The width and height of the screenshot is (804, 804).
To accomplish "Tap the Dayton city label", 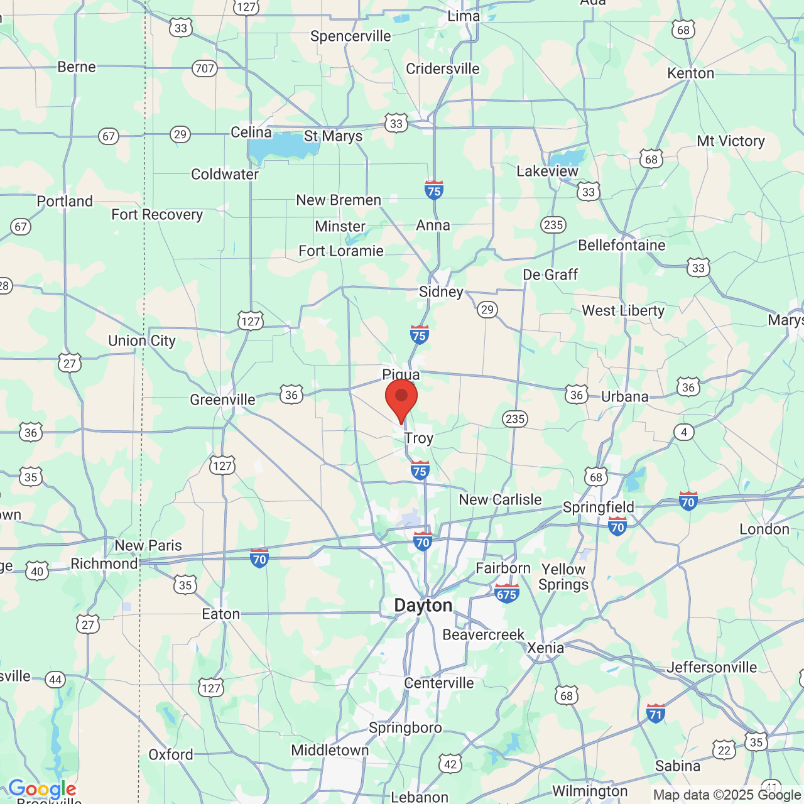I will [423, 606].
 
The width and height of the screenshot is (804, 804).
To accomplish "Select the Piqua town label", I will [401, 375].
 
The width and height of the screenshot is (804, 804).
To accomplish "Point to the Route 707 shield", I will [205, 68].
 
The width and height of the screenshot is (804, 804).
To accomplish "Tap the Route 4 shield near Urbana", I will [684, 432].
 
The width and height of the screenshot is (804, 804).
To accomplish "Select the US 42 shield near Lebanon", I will [450, 764].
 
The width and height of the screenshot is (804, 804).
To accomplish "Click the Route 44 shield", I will [55, 679].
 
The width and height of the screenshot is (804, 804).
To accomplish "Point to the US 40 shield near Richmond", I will [37, 571].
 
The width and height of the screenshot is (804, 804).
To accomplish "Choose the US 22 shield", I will [724, 750].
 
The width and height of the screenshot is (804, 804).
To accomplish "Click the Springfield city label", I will [598, 507].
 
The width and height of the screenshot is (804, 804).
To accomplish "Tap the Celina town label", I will [251, 133].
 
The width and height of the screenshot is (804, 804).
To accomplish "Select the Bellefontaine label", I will [621, 245].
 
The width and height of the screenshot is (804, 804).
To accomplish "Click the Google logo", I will [42, 789].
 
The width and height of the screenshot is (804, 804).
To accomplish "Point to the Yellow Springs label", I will [563, 577].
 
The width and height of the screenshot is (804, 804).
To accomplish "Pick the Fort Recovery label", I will [157, 215].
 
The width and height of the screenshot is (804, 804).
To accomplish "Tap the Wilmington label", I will [590, 791].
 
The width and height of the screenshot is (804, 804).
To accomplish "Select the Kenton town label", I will [690, 73].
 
